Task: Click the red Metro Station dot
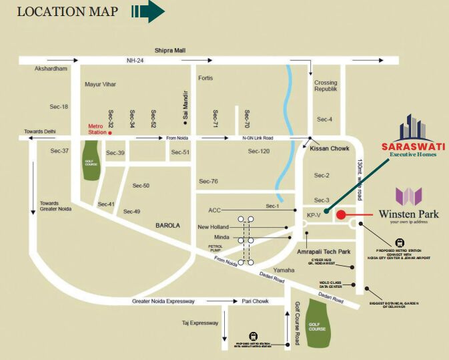(111, 133)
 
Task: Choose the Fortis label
(205, 78)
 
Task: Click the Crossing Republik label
(326, 85)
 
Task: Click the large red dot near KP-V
(341, 215)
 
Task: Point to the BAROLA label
(168, 226)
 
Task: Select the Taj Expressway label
(200, 323)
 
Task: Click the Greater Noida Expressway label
(163, 301)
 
